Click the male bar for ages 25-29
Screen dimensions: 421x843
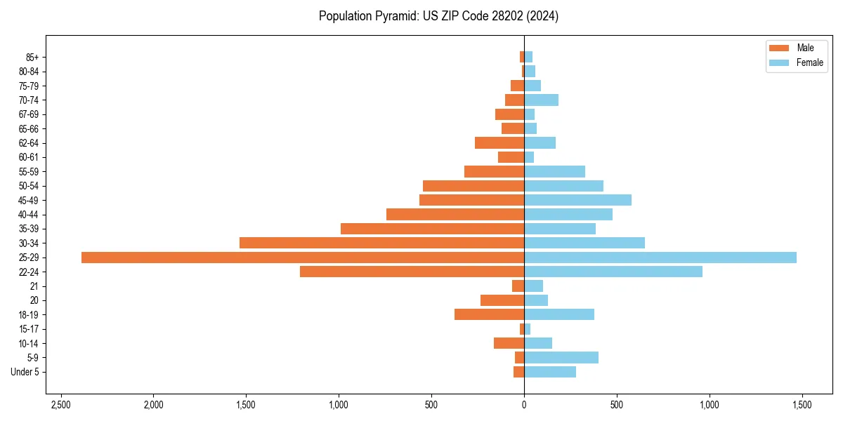[302, 258]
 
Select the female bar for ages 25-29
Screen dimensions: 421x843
[660, 258]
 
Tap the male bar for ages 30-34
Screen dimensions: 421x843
[381, 243]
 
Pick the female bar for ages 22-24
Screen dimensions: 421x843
[613, 272]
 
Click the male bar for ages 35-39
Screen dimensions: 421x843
[432, 229]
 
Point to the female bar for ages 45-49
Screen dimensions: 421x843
[577, 200]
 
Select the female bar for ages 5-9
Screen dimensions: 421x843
[561, 358]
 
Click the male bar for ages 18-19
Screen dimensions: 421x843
[489, 314]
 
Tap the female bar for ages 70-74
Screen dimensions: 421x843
[541, 100]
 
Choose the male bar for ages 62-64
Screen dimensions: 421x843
[499, 143]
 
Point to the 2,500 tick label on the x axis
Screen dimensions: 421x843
[61, 406]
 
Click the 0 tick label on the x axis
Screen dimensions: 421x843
[524, 406]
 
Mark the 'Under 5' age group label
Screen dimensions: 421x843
[25, 372]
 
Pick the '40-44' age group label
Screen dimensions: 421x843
[28, 215]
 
